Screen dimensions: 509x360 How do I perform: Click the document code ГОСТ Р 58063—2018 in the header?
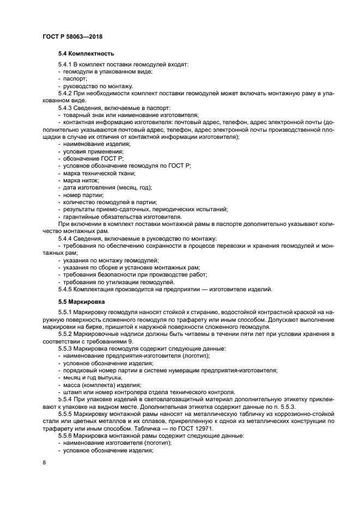pyautogui.click(x=72, y=36)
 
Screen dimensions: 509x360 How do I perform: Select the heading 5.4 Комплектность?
pyautogui.click(x=86, y=54)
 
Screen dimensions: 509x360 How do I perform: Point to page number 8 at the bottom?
pyautogui.click(x=44, y=463)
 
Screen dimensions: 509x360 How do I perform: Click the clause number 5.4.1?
pyautogui.click(x=66, y=65)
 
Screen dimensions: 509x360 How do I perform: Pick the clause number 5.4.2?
pyautogui.click(x=66, y=94)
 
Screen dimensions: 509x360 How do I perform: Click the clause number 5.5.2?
pyautogui.click(x=66, y=334)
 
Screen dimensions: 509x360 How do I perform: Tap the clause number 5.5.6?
pyautogui.click(x=66, y=436)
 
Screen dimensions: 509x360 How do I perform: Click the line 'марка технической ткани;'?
pyautogui.click(x=98, y=173)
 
